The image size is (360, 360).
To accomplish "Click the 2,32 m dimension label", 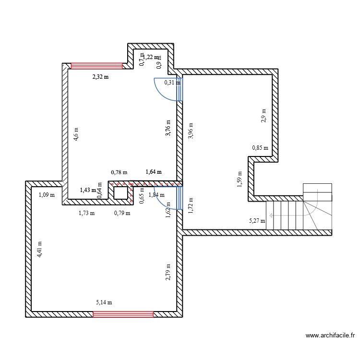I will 101,76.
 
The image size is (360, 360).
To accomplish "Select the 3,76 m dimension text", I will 168,128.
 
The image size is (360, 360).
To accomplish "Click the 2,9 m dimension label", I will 264,116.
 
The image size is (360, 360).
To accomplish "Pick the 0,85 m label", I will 260,148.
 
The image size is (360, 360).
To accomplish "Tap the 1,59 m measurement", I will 239,178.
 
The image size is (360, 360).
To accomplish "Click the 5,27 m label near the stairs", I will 256,221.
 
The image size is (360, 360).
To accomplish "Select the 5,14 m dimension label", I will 104,302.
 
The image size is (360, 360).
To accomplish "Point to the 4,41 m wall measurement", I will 40,250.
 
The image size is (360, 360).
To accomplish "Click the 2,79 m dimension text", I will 168,272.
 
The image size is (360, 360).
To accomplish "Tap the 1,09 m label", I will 47,195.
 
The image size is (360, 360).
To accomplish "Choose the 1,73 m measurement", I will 86,213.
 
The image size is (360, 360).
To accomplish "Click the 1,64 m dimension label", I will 154,171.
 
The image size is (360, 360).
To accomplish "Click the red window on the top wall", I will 97,66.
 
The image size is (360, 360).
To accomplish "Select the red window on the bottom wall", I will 123,314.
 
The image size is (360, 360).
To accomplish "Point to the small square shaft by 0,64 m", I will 121,192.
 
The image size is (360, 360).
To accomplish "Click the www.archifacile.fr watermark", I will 330,336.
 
